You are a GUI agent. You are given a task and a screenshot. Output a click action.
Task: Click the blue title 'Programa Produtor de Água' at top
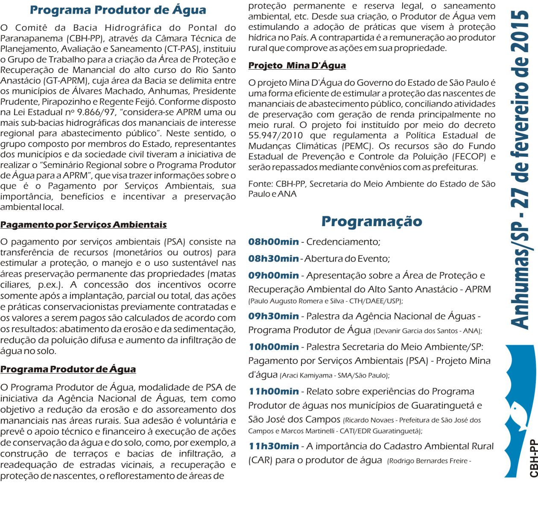[118, 10]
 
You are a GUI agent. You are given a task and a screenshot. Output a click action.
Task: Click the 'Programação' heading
[371, 221]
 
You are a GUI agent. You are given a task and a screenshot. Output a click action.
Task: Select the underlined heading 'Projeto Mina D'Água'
[297, 65]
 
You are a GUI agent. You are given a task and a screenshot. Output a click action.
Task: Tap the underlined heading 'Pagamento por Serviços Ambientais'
[83, 225]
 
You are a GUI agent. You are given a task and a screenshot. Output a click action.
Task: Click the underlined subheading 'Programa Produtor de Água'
[68, 369]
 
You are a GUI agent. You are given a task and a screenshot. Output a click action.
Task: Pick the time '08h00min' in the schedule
[273, 242]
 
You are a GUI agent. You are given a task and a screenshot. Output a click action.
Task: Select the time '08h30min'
[273, 259]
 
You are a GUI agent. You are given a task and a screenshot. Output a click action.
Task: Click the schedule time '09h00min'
[273, 276]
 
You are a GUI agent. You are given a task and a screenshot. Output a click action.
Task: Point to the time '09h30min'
[273, 316]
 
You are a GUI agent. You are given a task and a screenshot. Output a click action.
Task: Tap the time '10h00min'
[273, 347]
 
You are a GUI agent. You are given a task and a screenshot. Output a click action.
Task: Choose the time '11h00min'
[273, 392]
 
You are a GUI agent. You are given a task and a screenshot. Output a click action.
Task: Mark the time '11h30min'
[273, 446]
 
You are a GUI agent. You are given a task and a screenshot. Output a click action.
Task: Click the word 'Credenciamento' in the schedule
[343, 242]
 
